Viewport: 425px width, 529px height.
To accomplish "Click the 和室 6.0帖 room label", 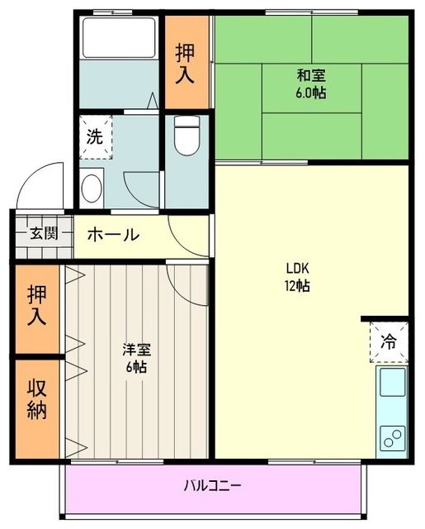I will tap(311, 83).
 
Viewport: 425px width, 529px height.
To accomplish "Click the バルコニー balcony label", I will tap(212, 485).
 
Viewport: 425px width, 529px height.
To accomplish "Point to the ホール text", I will tap(113, 235).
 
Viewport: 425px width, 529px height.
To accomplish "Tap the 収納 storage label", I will tap(36, 400).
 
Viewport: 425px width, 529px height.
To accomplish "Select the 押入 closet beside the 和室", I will tap(187, 63).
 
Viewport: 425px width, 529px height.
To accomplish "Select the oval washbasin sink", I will tap(92, 187).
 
